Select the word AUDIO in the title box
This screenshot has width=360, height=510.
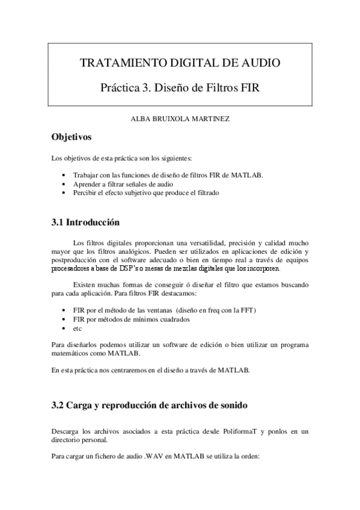(x=259, y=63)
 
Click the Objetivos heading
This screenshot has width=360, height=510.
(x=72, y=138)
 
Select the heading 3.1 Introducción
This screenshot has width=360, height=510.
(x=85, y=222)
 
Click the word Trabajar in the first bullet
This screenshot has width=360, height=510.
(x=85, y=176)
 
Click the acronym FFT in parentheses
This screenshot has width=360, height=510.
(x=247, y=310)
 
